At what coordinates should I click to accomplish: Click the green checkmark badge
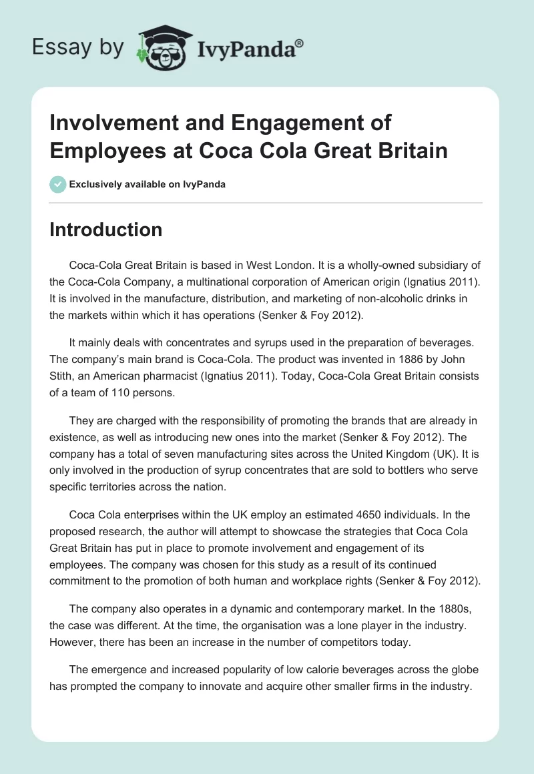point(58,184)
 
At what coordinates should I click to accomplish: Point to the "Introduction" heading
point(106,230)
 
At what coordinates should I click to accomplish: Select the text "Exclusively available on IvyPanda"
point(147,184)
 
